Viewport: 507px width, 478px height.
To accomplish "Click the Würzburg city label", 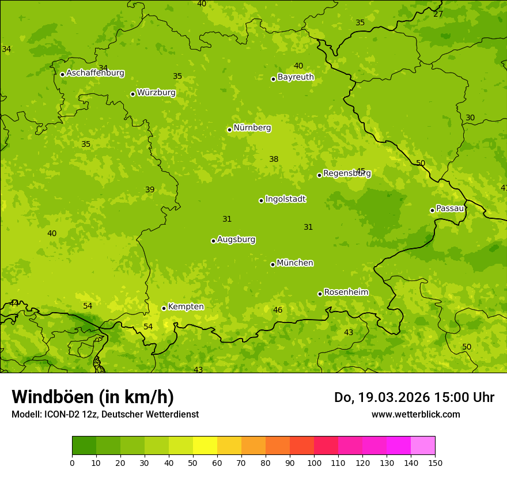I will tap(156, 93).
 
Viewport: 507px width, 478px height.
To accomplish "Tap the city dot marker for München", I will tap(273, 264).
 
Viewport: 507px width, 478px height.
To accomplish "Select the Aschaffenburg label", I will tap(95, 73).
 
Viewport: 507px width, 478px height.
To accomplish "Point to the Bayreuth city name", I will tap(296, 77).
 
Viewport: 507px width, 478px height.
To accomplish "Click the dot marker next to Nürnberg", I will tap(229, 130).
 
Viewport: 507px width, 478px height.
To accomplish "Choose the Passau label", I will tap(450, 208).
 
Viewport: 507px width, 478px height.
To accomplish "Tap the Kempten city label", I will tap(186, 307).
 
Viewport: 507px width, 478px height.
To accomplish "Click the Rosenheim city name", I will tap(346, 293).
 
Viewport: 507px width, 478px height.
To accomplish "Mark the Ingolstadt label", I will tap(285, 199).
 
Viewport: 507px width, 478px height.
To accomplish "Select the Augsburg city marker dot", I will tap(213, 241).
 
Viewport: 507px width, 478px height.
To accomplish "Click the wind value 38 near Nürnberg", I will tap(274, 160).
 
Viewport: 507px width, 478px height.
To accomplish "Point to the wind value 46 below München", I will tap(278, 310).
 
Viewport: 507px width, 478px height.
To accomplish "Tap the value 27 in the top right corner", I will tap(438, 14).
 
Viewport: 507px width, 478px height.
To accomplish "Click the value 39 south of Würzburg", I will tap(150, 189).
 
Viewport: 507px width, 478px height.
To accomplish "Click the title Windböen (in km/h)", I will tap(93, 397).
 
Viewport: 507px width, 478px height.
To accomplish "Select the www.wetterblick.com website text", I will tap(415, 414).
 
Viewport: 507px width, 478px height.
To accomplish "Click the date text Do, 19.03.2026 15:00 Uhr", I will tap(414, 397).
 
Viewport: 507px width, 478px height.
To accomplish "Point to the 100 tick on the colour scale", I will tap(314, 463).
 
